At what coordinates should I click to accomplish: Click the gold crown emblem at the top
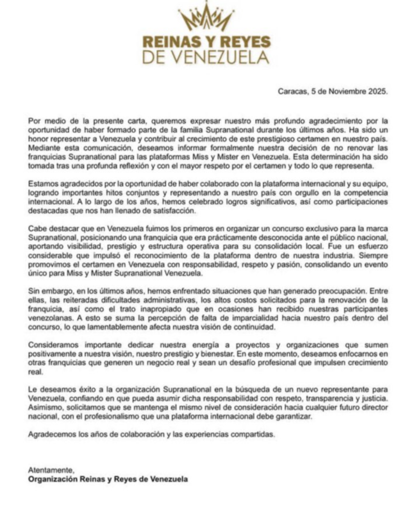[x=206, y=17]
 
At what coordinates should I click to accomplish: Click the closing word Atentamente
[x=51, y=470]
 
